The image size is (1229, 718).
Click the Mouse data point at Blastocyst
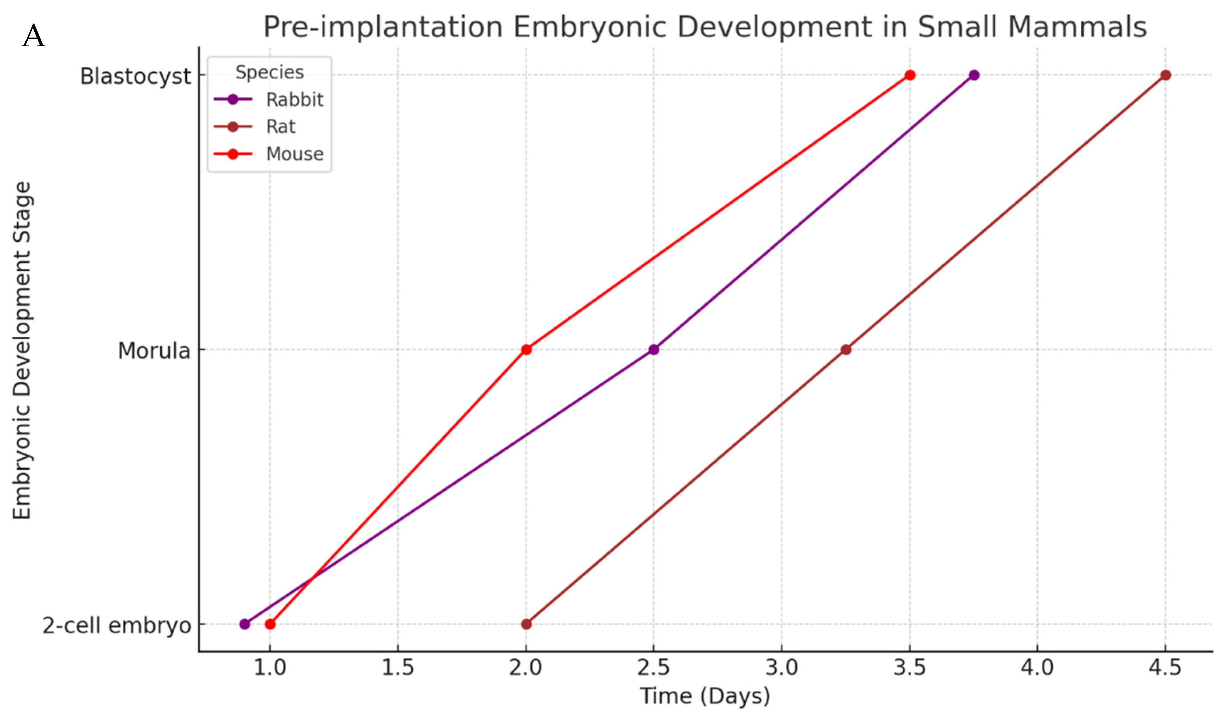(910, 75)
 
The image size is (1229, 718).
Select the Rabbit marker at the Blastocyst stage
(974, 75)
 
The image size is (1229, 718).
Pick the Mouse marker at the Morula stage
(526, 350)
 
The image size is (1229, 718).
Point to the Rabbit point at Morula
(654, 350)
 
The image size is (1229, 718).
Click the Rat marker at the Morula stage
(846, 350)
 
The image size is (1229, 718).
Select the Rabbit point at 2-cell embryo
(245, 624)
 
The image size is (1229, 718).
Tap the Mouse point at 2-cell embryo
(270, 624)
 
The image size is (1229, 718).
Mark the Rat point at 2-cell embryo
(526, 624)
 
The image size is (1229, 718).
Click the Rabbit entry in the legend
(294, 100)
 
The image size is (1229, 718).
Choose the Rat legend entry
(281, 127)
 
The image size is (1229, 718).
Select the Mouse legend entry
(294, 154)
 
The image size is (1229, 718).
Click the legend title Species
(270, 72)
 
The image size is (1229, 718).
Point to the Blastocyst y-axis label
(135, 76)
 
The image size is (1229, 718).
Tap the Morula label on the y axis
(154, 351)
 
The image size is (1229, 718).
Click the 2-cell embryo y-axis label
(116, 626)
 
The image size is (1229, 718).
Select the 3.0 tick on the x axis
(782, 667)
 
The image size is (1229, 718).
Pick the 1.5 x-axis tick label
(398, 667)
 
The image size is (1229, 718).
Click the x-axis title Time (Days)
(705, 696)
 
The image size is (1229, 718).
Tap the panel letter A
(33, 37)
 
